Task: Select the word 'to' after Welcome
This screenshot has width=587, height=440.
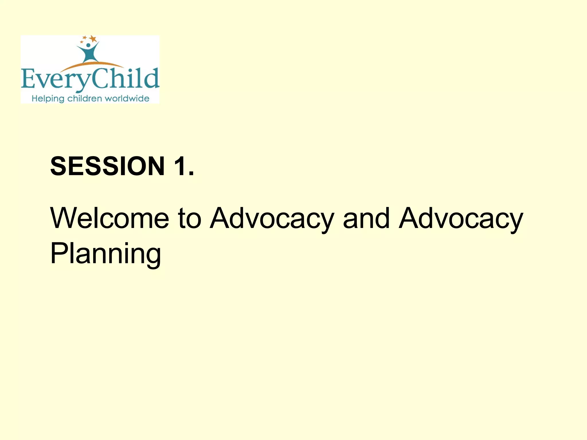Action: (x=189, y=218)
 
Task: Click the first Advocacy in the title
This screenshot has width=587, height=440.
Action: (x=272, y=219)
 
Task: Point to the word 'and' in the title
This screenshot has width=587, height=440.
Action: (x=366, y=218)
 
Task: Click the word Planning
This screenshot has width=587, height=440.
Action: (x=105, y=254)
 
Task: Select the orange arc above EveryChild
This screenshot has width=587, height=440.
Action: (x=92, y=65)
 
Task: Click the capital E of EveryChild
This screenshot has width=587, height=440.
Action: (x=28, y=79)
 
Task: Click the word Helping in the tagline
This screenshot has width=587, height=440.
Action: (x=48, y=99)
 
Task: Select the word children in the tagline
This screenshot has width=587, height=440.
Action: (x=85, y=99)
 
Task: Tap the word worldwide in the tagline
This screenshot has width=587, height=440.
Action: (x=127, y=99)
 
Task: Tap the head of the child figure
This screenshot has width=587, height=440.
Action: (x=88, y=45)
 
